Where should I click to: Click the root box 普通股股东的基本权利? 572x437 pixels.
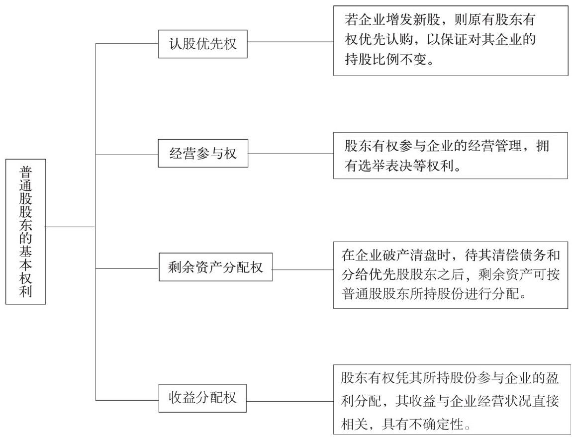(x=25, y=231)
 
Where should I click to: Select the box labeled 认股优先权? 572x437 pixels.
(x=202, y=44)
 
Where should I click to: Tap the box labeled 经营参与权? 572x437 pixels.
(x=203, y=153)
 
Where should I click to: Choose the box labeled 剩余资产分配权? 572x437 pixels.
(x=215, y=267)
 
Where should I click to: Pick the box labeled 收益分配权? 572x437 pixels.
(x=202, y=398)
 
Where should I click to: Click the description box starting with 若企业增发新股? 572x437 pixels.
(x=451, y=40)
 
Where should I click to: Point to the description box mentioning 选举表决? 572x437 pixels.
(x=451, y=156)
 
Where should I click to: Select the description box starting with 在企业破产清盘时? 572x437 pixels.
(x=451, y=274)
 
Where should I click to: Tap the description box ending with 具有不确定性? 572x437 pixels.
(x=451, y=399)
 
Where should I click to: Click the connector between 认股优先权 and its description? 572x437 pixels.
(x=290, y=42)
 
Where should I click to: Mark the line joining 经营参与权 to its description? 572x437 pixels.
(x=291, y=153)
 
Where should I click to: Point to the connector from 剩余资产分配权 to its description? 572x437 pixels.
(x=303, y=270)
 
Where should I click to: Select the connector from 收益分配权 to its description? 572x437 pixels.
(x=290, y=401)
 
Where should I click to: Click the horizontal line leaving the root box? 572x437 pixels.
(x=71, y=227)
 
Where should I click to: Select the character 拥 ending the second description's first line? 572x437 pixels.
(x=543, y=146)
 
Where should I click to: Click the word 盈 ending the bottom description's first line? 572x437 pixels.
(x=552, y=378)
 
